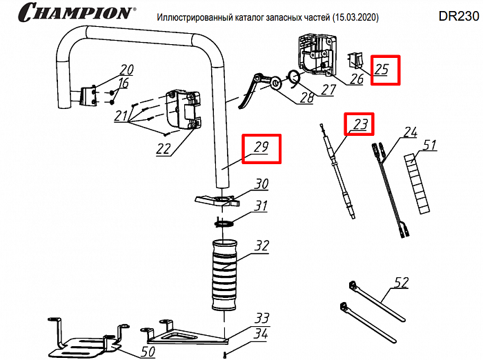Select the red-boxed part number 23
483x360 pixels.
360,125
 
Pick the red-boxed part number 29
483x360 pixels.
260,148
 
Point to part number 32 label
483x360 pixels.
262,246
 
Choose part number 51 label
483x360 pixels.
430,145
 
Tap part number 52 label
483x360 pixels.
402,282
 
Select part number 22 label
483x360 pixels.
163,149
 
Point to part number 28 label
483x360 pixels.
306,98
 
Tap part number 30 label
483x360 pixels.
261,185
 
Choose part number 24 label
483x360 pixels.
411,132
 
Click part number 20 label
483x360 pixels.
127,70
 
